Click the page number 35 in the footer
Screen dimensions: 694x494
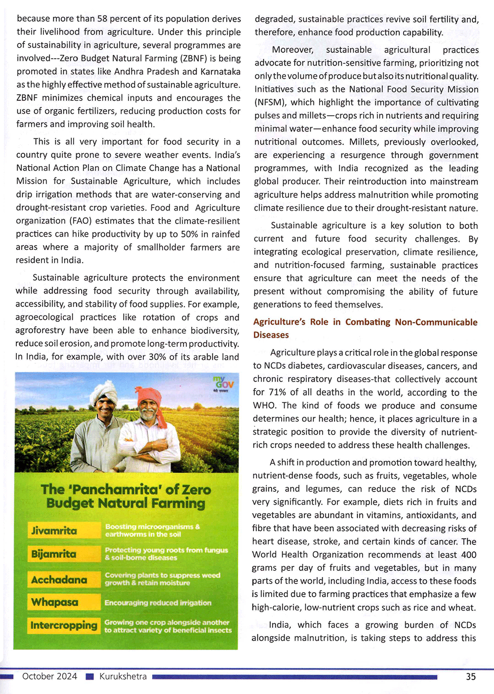coord(471,677)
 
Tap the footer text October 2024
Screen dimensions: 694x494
coord(49,676)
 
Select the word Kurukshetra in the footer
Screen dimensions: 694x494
coord(123,676)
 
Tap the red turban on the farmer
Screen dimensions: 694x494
coord(150,396)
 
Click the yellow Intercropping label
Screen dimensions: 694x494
coord(64,625)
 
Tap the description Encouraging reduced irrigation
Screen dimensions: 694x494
coord(158,603)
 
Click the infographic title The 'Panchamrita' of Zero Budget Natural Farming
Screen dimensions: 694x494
coord(126,496)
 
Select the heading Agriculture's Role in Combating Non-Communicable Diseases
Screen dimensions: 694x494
coord(365,328)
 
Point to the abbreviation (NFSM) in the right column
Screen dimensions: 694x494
coord(270,102)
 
